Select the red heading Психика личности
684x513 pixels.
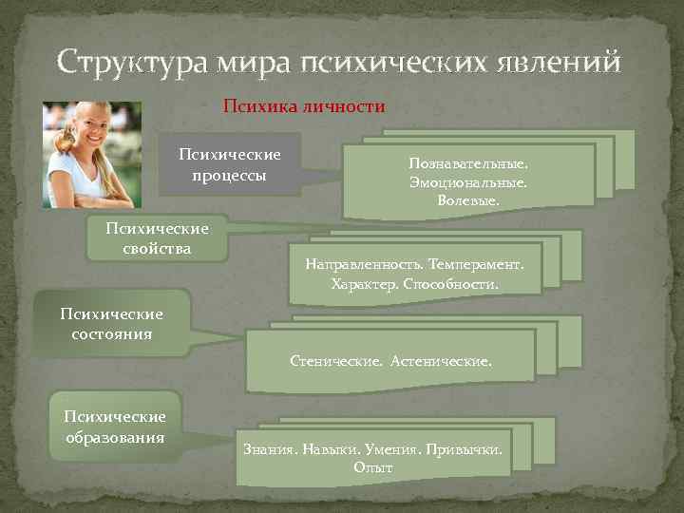pos(303,106)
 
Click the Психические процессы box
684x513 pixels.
pos(229,163)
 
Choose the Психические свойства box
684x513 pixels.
pos(157,237)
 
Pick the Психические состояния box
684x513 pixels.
pos(111,324)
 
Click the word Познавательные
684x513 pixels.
pos(468,162)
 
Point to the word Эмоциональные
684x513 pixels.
pos(467,181)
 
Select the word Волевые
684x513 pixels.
pos(467,200)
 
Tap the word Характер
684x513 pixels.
pos(365,283)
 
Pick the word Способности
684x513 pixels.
pos(450,283)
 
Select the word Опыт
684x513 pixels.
pos(372,466)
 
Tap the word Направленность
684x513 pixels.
pos(365,264)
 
